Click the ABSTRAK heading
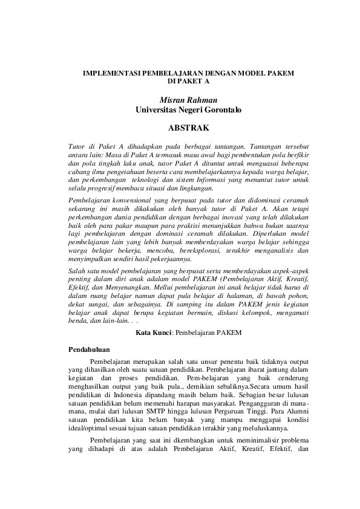188,128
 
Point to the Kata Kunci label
154,332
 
